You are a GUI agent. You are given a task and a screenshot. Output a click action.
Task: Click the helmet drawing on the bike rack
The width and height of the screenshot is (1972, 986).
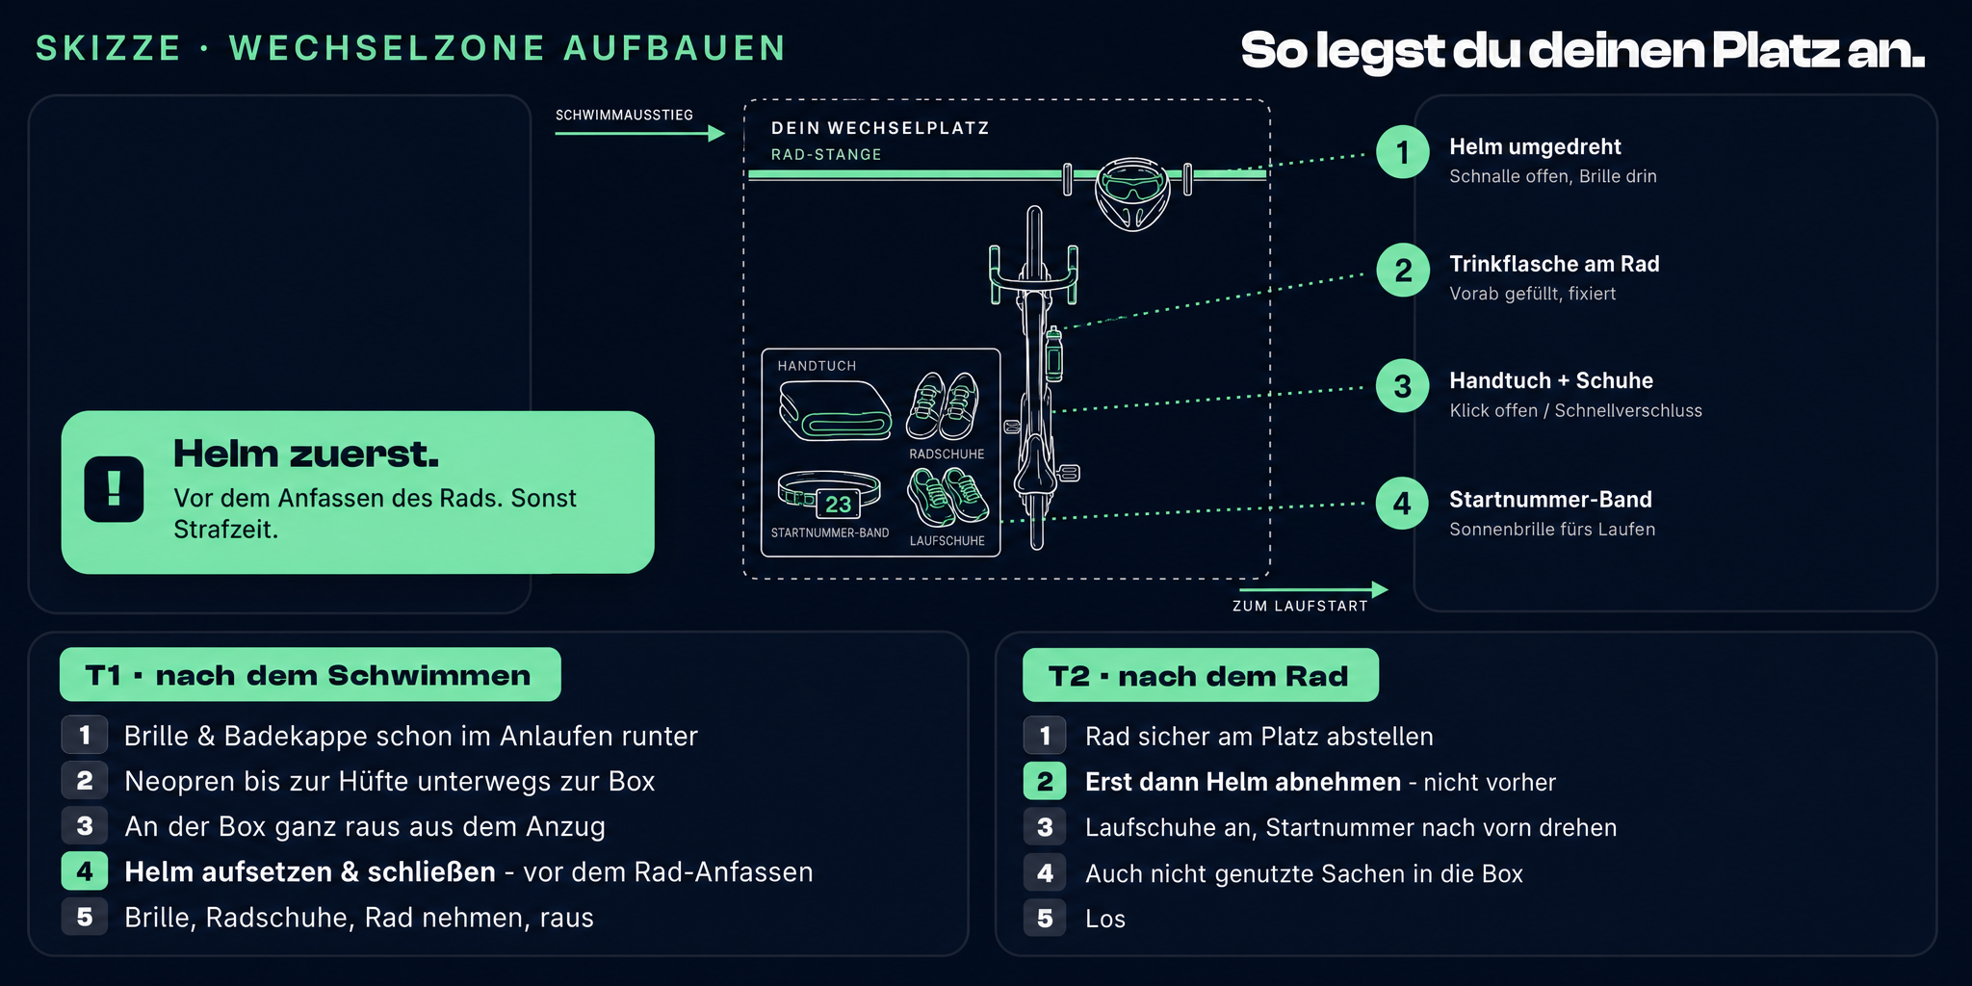(x=1132, y=195)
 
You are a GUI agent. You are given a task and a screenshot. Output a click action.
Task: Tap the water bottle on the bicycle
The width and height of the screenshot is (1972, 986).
(x=1054, y=353)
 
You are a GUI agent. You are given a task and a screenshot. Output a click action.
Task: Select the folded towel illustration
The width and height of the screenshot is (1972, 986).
(x=835, y=410)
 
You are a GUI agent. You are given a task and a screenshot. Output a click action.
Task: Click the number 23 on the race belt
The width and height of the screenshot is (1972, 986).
(x=838, y=504)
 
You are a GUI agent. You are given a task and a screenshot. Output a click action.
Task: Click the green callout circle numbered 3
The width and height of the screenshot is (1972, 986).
(x=1402, y=386)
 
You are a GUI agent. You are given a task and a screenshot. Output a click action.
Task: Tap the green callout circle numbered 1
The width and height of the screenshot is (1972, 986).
(x=1402, y=152)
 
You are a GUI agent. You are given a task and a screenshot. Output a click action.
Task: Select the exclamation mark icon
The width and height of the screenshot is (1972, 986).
(x=114, y=489)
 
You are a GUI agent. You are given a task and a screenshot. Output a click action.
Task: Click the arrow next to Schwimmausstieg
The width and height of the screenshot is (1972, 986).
(x=639, y=133)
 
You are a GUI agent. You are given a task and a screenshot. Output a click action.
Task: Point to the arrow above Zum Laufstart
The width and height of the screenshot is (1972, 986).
(x=1313, y=589)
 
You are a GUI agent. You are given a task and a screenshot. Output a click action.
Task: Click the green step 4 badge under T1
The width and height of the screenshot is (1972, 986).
(x=85, y=871)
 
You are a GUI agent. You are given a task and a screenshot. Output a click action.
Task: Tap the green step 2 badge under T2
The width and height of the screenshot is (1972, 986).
(x=1045, y=782)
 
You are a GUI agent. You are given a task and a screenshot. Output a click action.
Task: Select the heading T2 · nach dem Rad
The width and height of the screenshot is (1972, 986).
(x=1199, y=676)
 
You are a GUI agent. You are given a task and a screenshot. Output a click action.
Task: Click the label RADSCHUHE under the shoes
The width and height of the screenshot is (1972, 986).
(x=947, y=454)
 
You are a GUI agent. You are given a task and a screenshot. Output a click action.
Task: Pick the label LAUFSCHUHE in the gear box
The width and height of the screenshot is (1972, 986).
(x=947, y=541)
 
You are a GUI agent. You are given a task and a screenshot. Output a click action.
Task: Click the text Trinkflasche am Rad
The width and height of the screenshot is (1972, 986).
(x=1554, y=264)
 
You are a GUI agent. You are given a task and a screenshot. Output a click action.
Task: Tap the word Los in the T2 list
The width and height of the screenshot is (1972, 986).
(x=1105, y=919)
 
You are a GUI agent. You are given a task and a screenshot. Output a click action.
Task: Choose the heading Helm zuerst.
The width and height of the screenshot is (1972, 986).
(x=306, y=454)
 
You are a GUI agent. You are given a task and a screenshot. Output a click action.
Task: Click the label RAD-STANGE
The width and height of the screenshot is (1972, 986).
(x=826, y=154)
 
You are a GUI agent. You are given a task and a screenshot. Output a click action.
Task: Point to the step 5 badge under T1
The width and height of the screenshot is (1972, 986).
(x=85, y=917)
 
